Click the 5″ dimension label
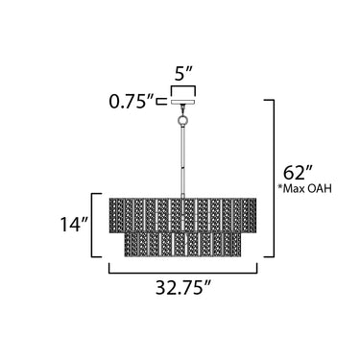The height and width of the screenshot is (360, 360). click(x=183, y=75)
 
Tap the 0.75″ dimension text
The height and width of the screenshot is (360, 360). click(x=132, y=102)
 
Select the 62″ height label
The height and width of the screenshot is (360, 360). click(x=298, y=173)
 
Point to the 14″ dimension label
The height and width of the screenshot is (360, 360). click(x=74, y=225)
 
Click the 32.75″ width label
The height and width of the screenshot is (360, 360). click(x=183, y=287)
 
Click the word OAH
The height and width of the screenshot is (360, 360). click(x=322, y=189)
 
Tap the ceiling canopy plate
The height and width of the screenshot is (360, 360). click(x=183, y=102)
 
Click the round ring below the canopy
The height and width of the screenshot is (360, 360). click(x=182, y=121)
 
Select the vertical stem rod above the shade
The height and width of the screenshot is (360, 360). click(x=182, y=161)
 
